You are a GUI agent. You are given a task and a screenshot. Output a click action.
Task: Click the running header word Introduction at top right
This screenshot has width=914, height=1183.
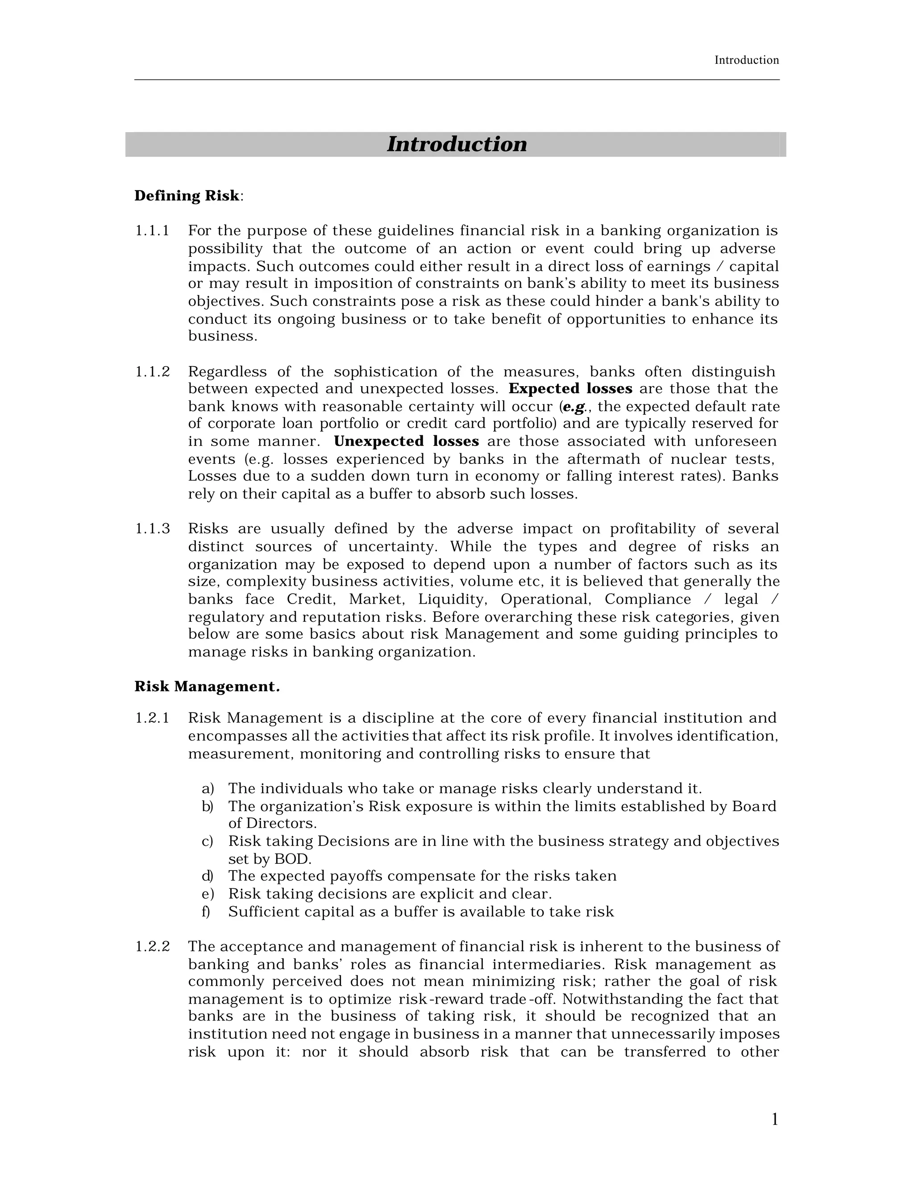(x=746, y=60)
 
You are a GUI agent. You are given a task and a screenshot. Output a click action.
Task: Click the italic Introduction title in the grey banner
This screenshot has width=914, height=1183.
(x=457, y=144)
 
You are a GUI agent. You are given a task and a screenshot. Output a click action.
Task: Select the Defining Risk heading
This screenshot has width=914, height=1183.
(x=187, y=196)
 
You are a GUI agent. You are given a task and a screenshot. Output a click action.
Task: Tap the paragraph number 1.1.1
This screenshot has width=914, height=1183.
(x=152, y=231)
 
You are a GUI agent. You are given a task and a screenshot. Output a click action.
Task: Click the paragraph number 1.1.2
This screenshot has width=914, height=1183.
(x=152, y=371)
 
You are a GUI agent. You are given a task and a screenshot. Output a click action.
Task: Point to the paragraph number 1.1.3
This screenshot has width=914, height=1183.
(x=152, y=529)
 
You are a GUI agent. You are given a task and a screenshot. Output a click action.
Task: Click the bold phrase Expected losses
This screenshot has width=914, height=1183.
(x=571, y=389)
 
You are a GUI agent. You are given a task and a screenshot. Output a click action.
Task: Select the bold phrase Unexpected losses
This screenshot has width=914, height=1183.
(x=406, y=442)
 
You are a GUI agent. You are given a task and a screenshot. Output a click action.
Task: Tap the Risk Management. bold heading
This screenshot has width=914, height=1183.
(x=207, y=687)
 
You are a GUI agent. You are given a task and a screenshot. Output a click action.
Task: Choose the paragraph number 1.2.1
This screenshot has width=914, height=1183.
(x=152, y=718)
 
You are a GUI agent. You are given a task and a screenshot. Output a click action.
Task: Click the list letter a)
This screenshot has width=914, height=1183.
(x=208, y=789)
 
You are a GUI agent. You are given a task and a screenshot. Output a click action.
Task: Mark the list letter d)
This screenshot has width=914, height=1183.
(x=208, y=876)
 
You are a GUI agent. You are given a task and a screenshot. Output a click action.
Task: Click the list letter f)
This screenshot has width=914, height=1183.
(x=206, y=912)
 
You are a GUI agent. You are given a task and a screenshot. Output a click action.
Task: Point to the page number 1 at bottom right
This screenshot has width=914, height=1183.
(x=775, y=1119)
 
